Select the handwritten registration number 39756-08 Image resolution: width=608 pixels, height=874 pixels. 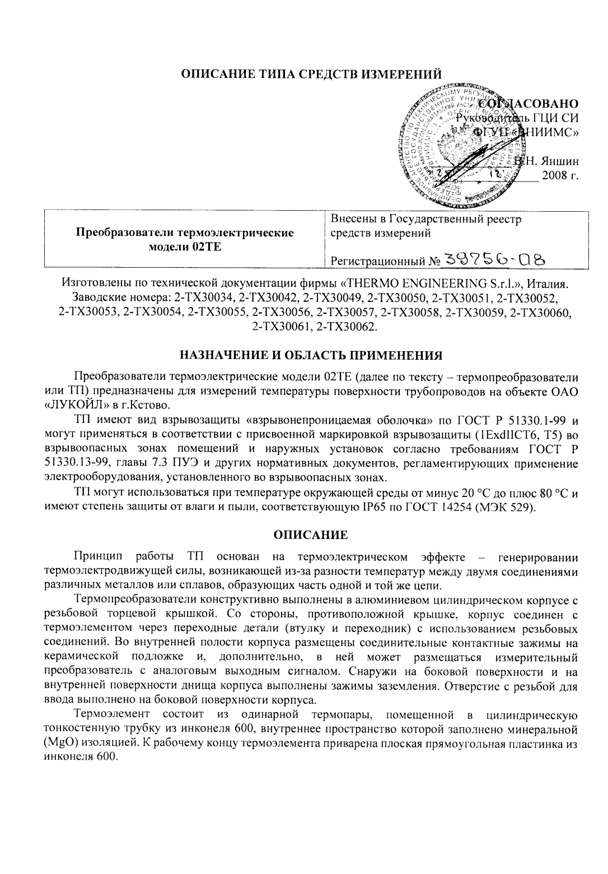click(494, 259)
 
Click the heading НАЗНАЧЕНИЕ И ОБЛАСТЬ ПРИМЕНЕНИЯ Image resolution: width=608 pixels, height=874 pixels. click(311, 355)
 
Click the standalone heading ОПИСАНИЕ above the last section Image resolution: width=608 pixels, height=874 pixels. click(310, 535)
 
